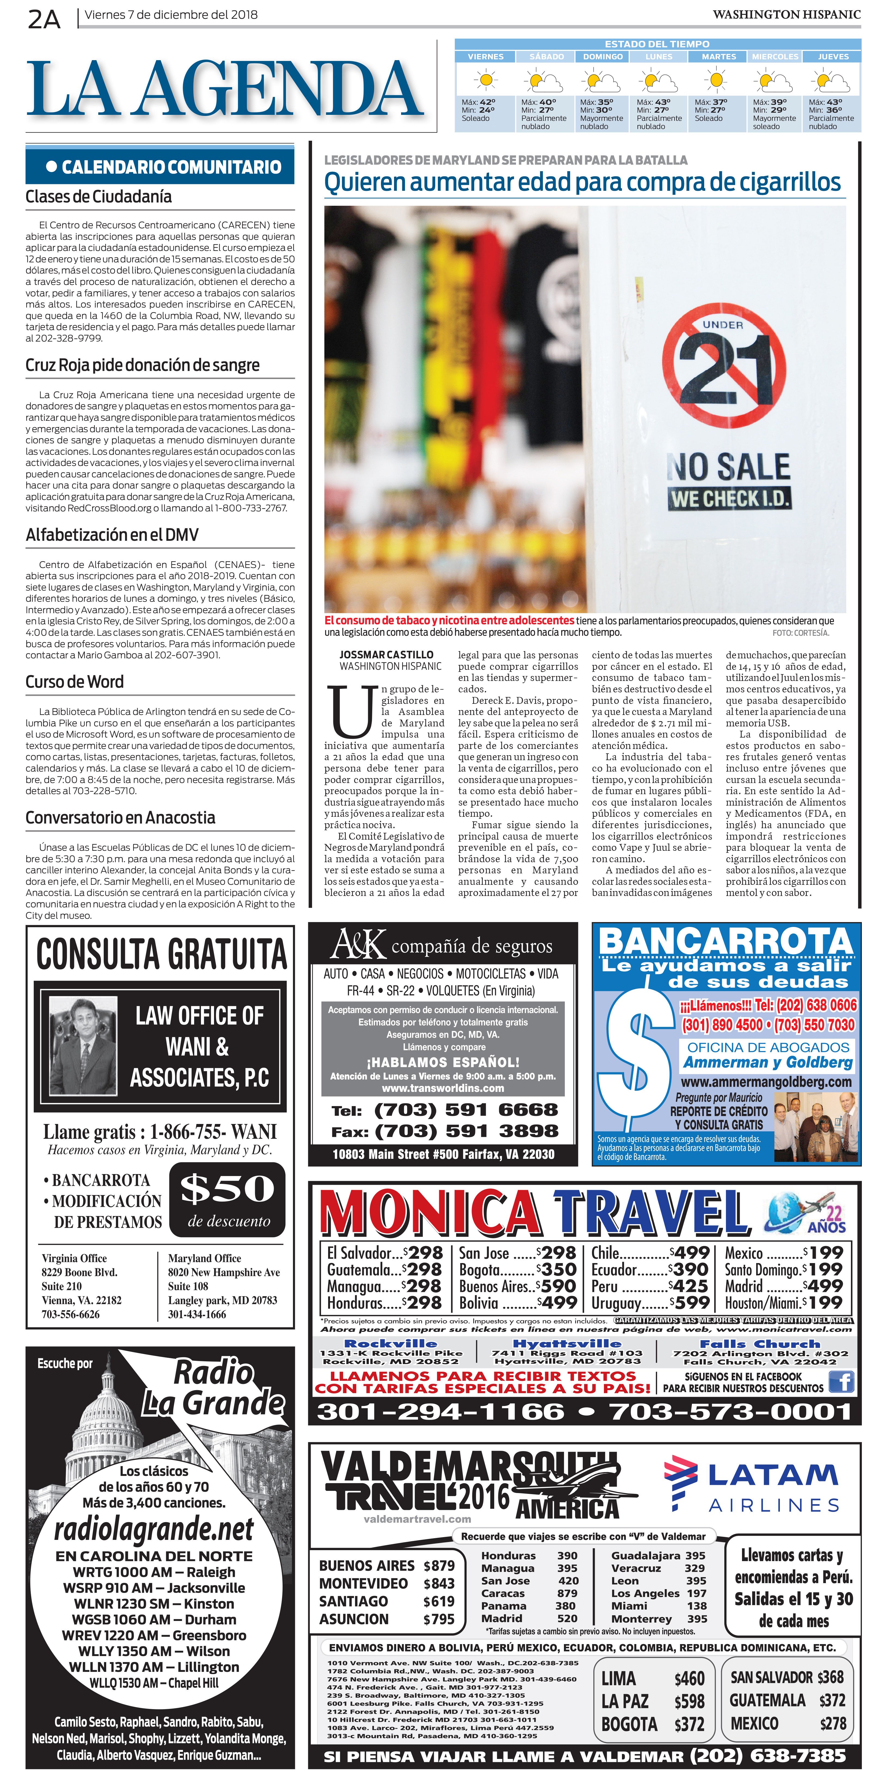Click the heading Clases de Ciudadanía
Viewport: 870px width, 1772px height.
click(x=98, y=197)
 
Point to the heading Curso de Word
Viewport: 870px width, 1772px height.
click(x=74, y=682)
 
